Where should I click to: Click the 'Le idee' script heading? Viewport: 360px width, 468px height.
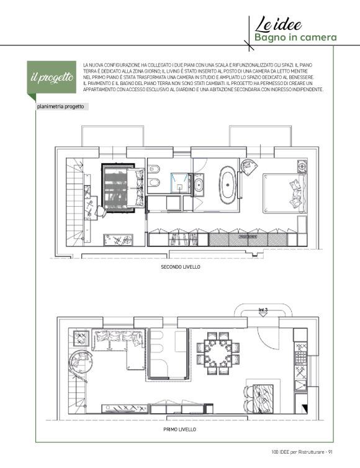pos(278,24)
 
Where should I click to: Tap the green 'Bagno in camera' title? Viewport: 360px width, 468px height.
pos(295,38)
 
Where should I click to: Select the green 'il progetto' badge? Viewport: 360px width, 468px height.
pos(52,77)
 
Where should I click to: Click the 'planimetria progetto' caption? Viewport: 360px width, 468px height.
pos(61,107)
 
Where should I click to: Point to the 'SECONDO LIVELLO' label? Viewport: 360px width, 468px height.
pos(180,267)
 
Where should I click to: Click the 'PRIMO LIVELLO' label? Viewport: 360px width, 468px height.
pos(180,429)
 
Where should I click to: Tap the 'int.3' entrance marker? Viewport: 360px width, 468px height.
pos(263,310)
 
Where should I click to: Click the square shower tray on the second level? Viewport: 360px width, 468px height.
pos(180,182)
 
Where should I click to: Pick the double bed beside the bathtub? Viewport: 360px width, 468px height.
pos(285,193)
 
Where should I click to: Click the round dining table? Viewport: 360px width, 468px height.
pos(218,353)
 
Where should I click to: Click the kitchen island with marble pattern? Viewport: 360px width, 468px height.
pos(263,398)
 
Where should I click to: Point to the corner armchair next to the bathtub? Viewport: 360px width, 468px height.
pos(250,168)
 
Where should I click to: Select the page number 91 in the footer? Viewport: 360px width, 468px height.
pos(330,452)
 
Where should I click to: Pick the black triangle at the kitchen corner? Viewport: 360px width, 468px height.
pos(304,408)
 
